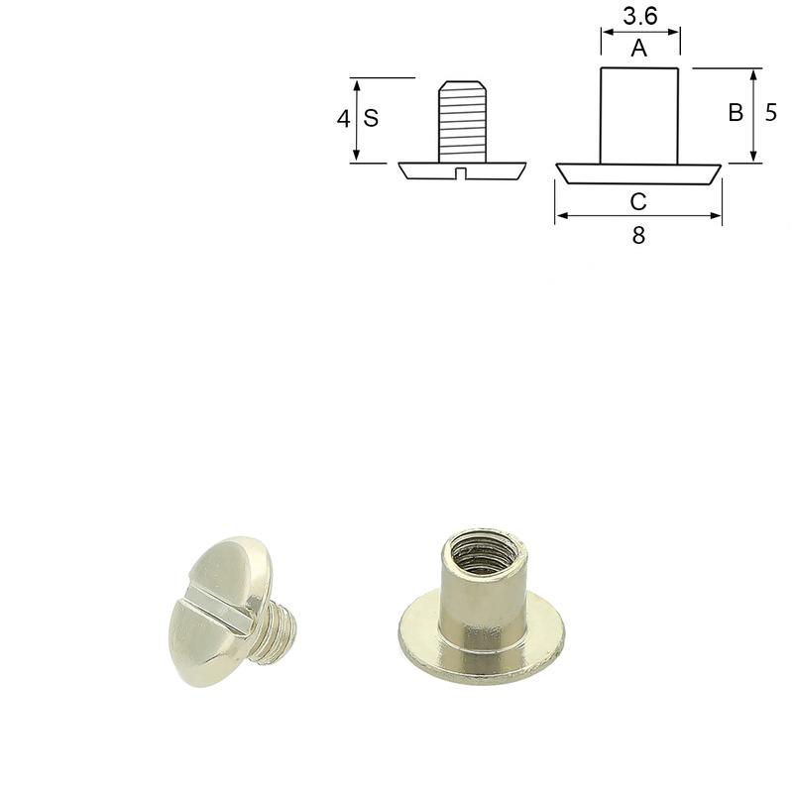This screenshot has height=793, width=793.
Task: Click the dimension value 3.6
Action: pyautogui.click(x=639, y=16)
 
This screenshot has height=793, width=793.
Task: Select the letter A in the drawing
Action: pyautogui.click(x=639, y=49)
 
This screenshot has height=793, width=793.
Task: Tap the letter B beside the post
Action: pyautogui.click(x=736, y=112)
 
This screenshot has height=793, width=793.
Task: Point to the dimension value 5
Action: pyautogui.click(x=770, y=112)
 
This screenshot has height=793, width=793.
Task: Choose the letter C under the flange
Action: pyautogui.click(x=638, y=202)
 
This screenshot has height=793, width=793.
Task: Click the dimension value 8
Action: pyautogui.click(x=638, y=236)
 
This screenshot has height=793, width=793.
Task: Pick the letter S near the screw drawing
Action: pyautogui.click(x=371, y=118)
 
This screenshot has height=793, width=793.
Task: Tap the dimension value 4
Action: pyautogui.click(x=343, y=119)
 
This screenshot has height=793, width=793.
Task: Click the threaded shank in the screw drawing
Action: pyautogui.click(x=462, y=121)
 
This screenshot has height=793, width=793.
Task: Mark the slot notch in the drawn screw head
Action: pyautogui.click(x=460, y=173)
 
